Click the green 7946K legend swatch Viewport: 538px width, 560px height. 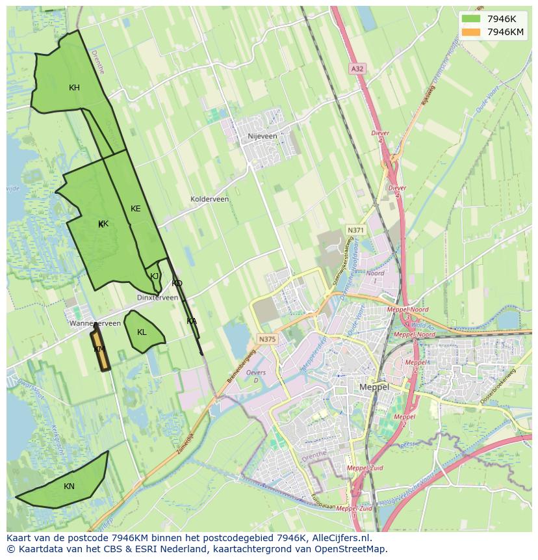pos(470,18)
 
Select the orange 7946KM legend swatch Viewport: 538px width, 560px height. pos(470,32)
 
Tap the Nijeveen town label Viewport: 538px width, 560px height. pos(263,137)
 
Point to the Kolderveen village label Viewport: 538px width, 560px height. pos(209,199)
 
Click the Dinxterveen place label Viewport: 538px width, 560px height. pos(157,297)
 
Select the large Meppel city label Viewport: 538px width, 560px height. pos(374,387)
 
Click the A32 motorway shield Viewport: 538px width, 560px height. pos(357,68)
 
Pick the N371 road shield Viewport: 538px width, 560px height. pos(355,230)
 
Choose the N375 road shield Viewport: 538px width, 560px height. pos(266,339)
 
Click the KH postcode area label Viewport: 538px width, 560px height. pos(74,88)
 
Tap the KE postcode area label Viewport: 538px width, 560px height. pos(135,209)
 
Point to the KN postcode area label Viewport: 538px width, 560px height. pos(69,487)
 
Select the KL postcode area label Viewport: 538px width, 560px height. pos(142,332)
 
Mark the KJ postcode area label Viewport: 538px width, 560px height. pos(155,276)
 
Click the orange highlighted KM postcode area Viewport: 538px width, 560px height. pos(100,351)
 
